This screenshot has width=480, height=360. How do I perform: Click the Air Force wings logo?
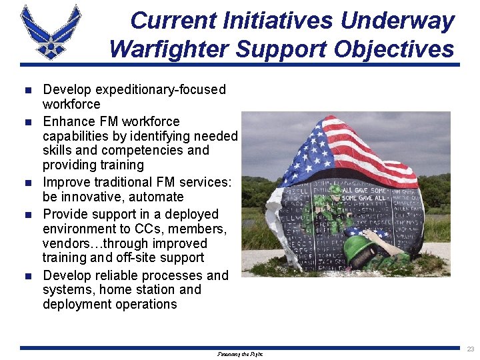coord(51,31)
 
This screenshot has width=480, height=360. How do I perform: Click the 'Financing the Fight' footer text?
coord(240,354)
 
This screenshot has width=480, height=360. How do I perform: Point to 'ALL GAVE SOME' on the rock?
coord(361,189)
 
